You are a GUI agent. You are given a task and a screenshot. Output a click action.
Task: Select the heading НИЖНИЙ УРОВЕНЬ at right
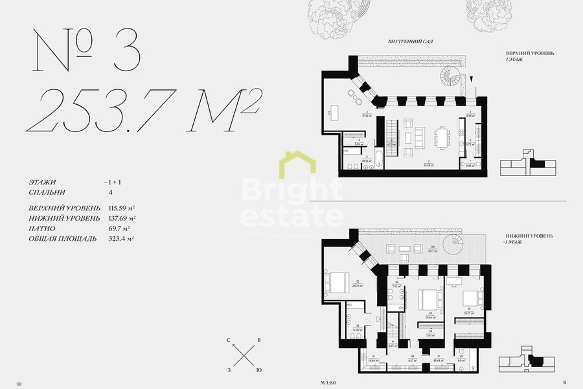530,237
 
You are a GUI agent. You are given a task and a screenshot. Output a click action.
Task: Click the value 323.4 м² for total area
122,239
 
